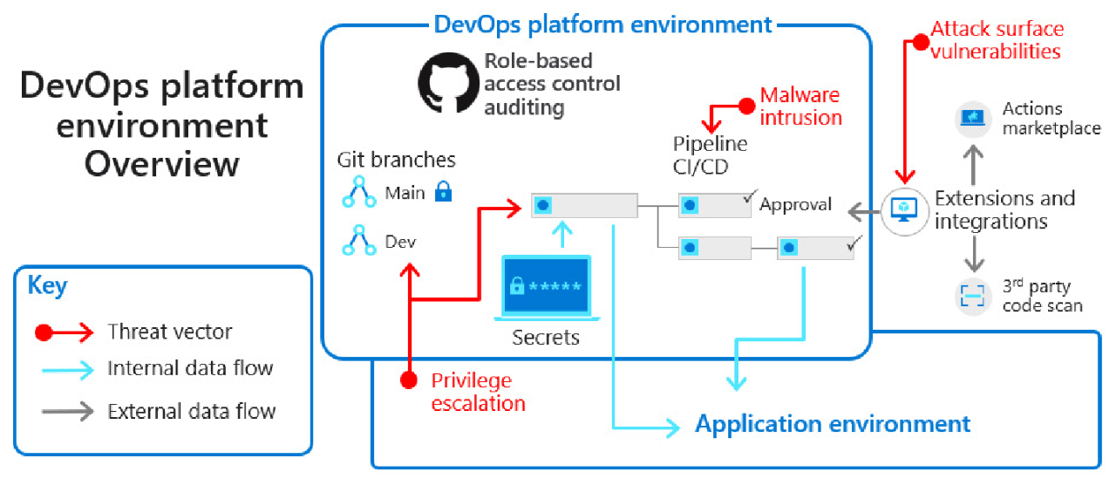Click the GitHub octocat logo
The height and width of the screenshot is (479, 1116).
click(x=448, y=84)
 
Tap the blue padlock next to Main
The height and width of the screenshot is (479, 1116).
click(x=443, y=192)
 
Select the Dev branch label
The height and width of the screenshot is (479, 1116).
click(x=400, y=242)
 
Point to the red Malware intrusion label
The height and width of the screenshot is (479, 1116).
click(x=800, y=106)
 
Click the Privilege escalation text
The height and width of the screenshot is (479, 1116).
click(x=478, y=392)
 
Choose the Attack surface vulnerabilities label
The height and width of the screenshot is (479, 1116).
click(x=997, y=40)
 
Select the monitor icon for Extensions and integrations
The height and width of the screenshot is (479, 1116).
click(x=904, y=209)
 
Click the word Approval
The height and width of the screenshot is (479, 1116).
click(x=796, y=205)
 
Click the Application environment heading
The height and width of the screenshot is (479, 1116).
click(x=832, y=424)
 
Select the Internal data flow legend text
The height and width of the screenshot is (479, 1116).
click(x=190, y=368)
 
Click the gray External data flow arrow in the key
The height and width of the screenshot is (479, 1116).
click(x=67, y=411)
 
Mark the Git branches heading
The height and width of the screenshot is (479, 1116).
click(x=397, y=160)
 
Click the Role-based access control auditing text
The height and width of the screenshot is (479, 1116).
click(x=552, y=84)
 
